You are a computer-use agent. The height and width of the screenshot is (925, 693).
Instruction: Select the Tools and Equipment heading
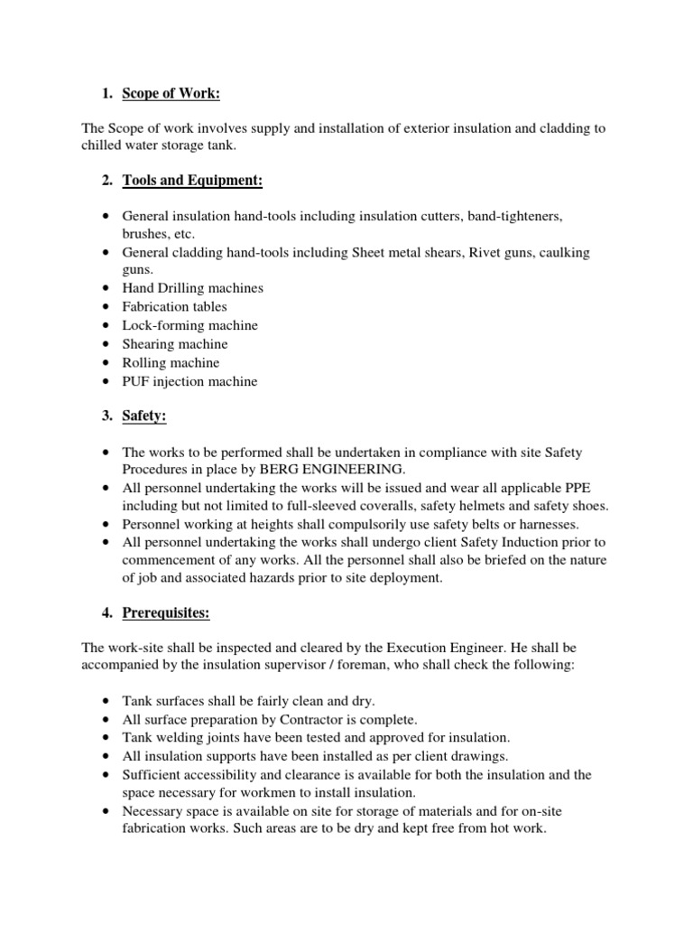[192, 182]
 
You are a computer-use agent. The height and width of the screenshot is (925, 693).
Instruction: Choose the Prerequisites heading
[166, 613]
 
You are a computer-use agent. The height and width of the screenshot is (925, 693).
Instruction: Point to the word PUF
[136, 381]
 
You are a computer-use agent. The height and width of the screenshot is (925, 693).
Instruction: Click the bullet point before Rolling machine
[106, 362]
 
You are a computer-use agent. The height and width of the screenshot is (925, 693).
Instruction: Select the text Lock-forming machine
[189, 325]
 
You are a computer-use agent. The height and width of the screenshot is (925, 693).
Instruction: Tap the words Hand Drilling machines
[193, 287]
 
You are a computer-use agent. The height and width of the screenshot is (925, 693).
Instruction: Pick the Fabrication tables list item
[175, 306]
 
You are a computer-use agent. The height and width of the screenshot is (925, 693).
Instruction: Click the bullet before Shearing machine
[106, 344]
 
